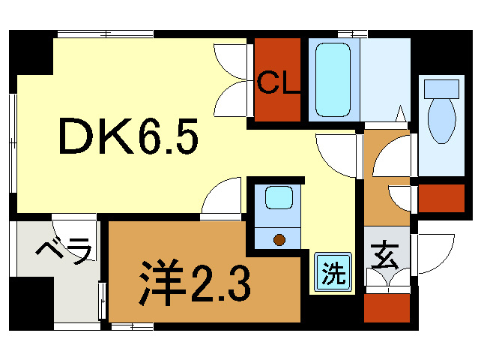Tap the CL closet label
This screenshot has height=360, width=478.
click(x=279, y=82)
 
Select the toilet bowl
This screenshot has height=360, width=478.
click(x=441, y=120)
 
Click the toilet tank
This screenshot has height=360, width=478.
click(x=441, y=88)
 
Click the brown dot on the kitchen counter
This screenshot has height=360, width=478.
click(x=280, y=240)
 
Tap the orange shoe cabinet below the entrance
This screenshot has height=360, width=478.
click(x=387, y=307)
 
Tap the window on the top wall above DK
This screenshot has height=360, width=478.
click(x=106, y=34)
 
